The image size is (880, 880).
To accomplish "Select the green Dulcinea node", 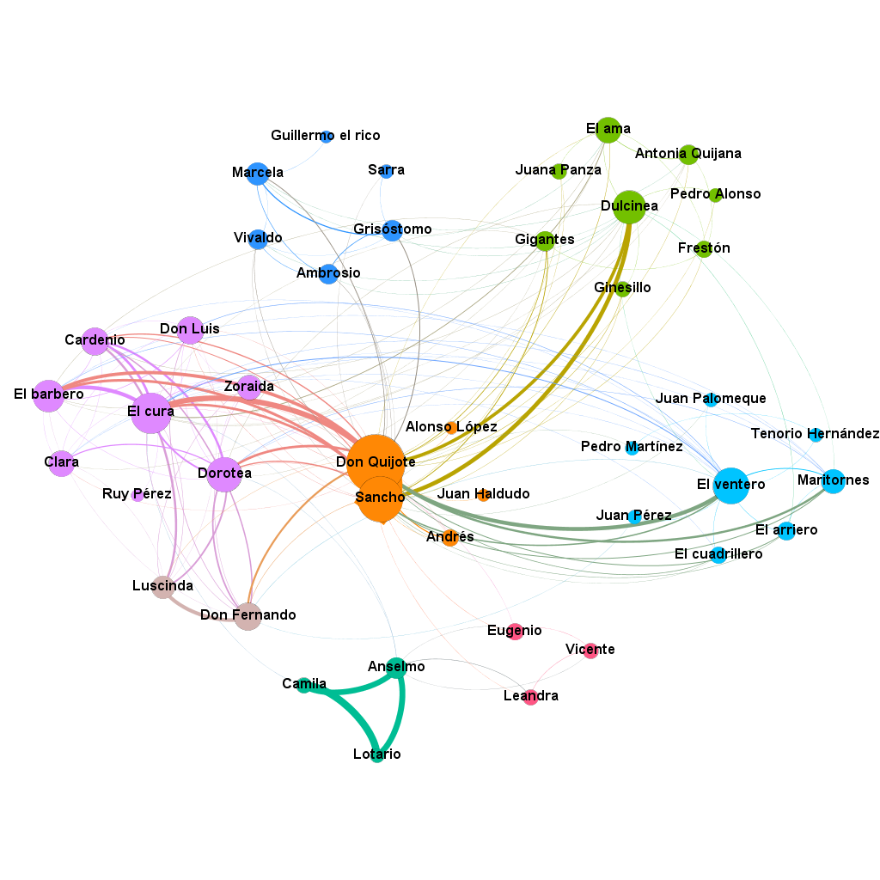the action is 629,207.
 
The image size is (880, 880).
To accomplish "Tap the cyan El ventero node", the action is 730,485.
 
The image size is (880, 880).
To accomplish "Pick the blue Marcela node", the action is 258,174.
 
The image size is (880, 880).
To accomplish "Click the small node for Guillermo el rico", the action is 327,137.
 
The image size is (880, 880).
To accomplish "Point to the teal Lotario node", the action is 377,755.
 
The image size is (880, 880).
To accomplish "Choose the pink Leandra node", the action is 531,697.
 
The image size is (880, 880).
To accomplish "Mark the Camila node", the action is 303,685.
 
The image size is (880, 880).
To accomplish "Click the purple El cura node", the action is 151,412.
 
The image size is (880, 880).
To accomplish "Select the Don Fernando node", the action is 247,616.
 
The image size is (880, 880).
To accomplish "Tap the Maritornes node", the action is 833,480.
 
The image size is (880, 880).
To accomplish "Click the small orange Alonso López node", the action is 451,427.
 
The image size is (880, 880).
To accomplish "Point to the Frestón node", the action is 704,249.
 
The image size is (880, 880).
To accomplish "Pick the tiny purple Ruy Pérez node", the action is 137,495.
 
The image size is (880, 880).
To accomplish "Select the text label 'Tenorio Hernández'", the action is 815,434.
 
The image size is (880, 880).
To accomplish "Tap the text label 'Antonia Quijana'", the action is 687,154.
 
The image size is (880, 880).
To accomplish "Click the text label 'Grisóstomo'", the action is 392,229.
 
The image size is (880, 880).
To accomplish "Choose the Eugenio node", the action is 515,632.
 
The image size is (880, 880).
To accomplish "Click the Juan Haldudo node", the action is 483,495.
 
